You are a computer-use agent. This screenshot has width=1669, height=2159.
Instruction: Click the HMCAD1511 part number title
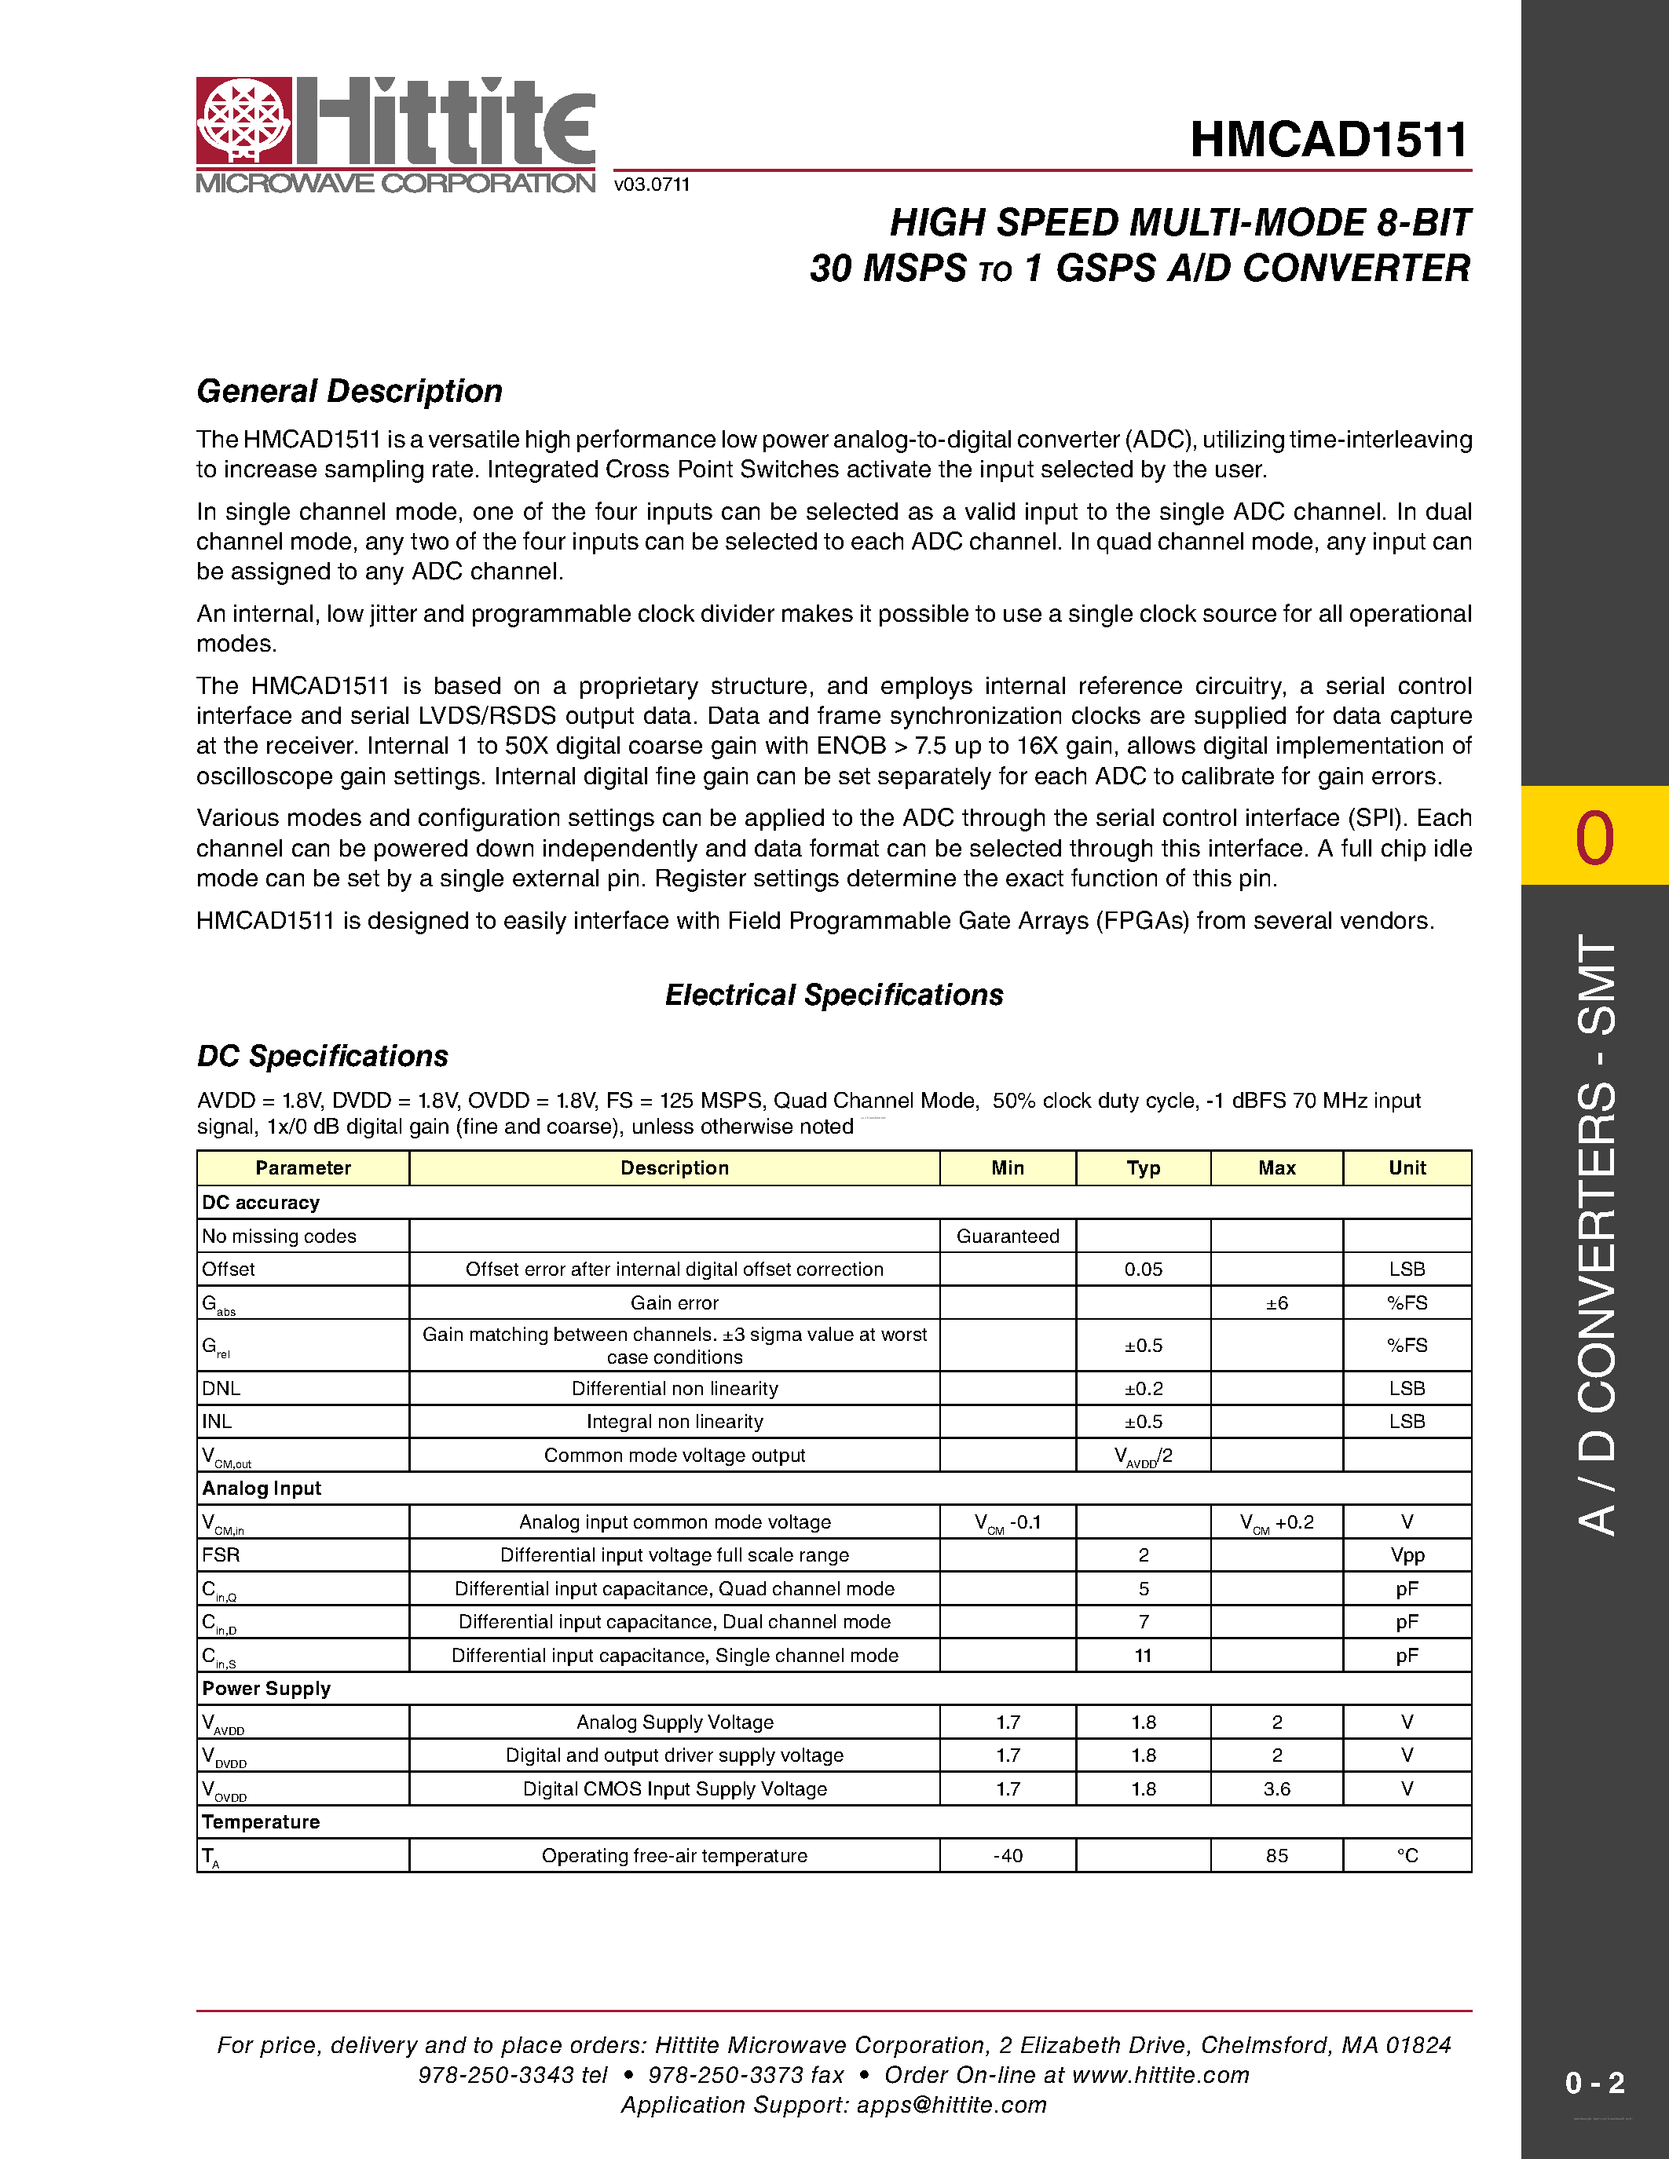(1329, 140)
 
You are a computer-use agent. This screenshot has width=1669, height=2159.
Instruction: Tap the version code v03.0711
(652, 184)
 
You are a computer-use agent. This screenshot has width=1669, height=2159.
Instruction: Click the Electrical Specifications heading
(833, 995)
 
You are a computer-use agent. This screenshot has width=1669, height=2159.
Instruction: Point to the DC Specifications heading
(322, 1056)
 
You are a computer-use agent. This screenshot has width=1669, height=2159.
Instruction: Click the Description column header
(675, 1167)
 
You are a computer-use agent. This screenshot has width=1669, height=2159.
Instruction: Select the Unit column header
(1406, 1167)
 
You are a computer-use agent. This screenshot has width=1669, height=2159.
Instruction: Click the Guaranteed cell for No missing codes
(1007, 1236)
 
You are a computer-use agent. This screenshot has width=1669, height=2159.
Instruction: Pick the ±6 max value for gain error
(1276, 1303)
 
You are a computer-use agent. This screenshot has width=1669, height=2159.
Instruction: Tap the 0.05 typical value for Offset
(1143, 1269)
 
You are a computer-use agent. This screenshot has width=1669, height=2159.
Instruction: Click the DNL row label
(221, 1388)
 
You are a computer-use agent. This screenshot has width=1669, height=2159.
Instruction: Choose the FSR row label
(221, 1555)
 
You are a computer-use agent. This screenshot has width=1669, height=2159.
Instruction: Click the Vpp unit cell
(1406, 1555)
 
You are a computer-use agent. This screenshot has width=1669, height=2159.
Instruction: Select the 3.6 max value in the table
(1276, 1788)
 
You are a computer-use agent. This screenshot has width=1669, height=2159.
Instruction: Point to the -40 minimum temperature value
(1007, 1855)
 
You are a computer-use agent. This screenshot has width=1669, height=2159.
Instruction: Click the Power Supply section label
(266, 1689)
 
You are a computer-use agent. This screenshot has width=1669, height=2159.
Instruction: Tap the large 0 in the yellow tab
(1594, 838)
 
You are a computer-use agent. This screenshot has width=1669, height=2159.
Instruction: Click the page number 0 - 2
(1594, 2083)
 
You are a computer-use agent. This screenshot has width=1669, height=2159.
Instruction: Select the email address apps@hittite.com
(951, 2105)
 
